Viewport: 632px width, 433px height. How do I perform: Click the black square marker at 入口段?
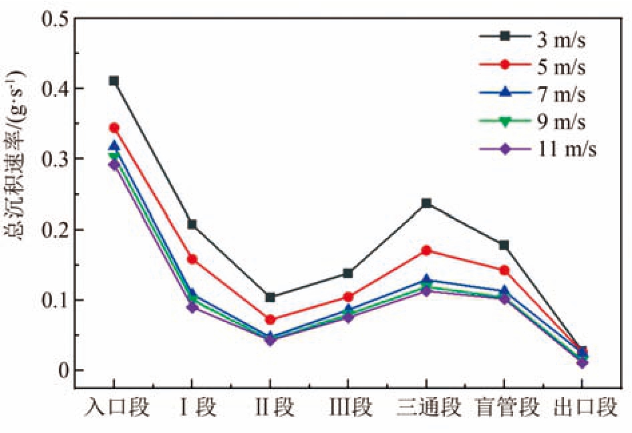click(114, 81)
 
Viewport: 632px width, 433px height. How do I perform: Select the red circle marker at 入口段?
click(114, 128)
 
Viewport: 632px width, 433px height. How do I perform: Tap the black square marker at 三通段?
click(426, 203)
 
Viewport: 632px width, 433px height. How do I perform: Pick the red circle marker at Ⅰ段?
click(192, 259)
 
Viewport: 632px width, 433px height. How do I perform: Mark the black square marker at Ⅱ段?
click(270, 297)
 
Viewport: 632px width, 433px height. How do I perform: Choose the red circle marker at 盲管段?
click(504, 270)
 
